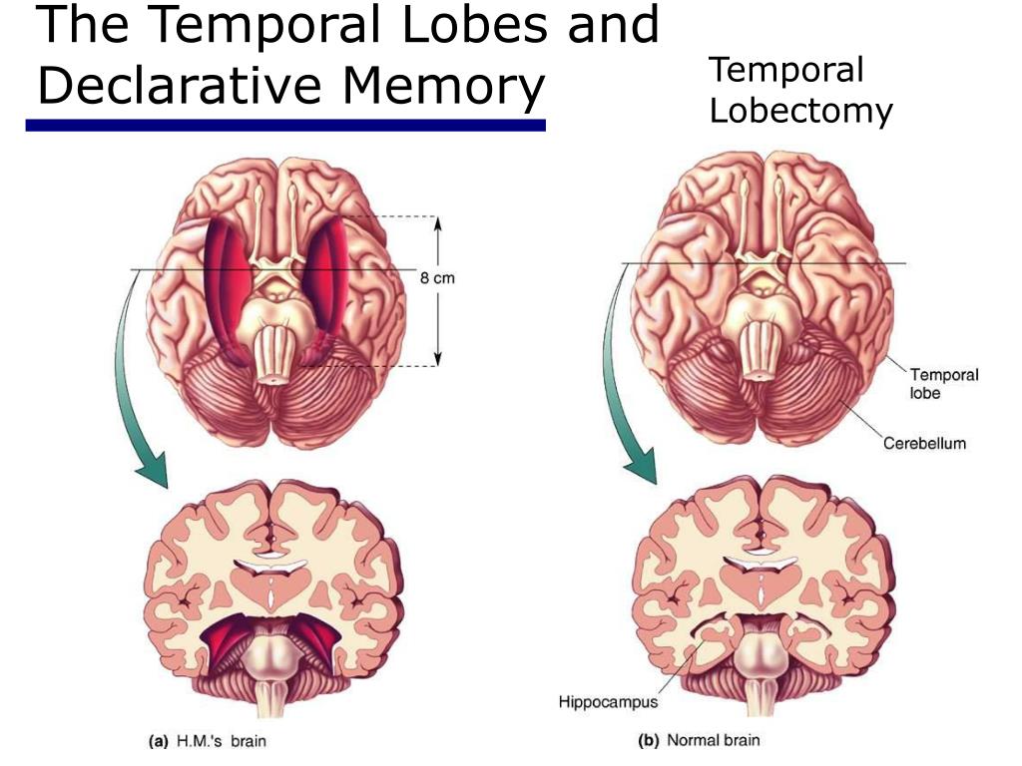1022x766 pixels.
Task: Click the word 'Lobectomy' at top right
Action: [800, 111]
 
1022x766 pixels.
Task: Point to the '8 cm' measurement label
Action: [436, 278]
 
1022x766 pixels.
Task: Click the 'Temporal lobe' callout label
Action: [943, 383]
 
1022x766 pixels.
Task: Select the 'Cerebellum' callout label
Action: [924, 443]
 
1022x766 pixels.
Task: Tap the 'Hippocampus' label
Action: [608, 702]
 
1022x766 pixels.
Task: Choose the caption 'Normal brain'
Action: [713, 740]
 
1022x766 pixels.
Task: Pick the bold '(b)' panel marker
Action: [649, 740]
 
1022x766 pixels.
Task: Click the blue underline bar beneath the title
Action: [285, 126]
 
